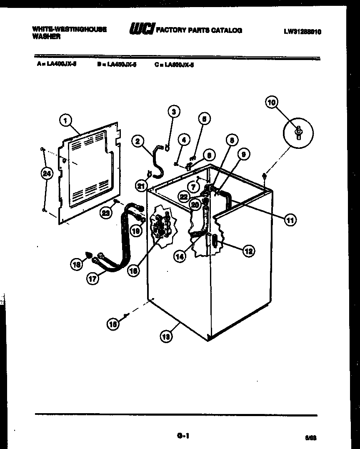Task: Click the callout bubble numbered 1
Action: (65, 120)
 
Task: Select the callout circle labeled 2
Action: (137, 141)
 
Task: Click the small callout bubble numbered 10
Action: (272, 102)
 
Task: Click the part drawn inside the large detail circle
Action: (298, 132)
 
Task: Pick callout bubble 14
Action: (180, 257)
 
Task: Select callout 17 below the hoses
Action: (92, 279)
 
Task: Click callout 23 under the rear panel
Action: (107, 213)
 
